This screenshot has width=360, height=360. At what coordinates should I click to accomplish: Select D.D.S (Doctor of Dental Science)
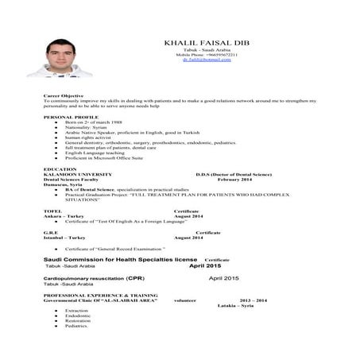click(238, 174)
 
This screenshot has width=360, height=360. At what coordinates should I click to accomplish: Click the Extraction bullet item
click(76, 311)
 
